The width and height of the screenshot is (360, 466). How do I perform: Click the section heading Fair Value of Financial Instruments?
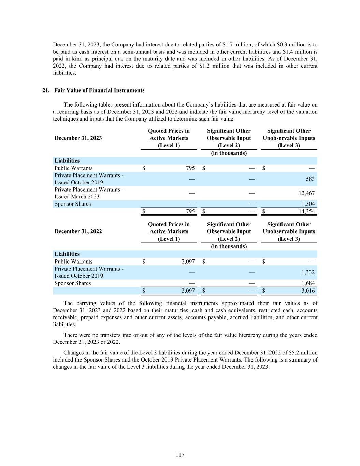pyautogui.click(x=99, y=90)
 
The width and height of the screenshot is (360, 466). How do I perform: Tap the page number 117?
pyautogui.click(x=180, y=455)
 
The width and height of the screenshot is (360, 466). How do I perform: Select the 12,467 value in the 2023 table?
pyautogui.click(x=306, y=193)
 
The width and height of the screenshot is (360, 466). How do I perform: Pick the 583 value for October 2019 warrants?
pyautogui.click(x=310, y=179)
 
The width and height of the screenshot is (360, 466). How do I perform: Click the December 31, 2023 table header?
pyautogui.click(x=78, y=138)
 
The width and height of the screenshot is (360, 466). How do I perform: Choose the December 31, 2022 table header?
pyautogui.click(x=78, y=231)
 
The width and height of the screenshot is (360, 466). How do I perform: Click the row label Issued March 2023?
pyautogui.click(x=77, y=197)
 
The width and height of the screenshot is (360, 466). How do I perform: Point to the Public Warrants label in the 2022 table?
pyautogui.click(x=73, y=262)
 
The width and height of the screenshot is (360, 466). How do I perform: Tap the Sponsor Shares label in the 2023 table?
pyautogui.click(x=73, y=204)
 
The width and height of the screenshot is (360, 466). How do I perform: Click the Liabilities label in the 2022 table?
pyautogui.click(x=67, y=254)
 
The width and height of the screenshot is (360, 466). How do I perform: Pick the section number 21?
pyautogui.click(x=46, y=90)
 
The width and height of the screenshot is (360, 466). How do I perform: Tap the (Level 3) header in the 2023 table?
pyautogui.click(x=289, y=145)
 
